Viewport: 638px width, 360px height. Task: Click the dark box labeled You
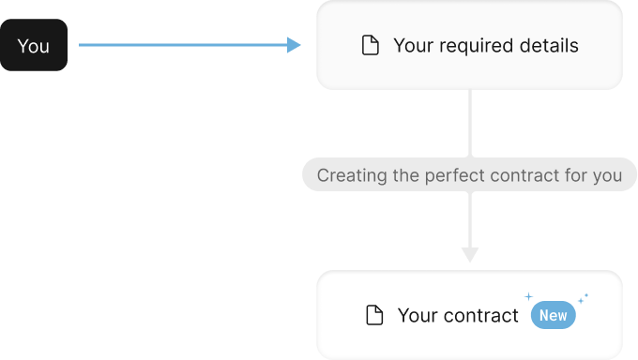(x=34, y=45)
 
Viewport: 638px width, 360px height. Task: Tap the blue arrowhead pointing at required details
(x=295, y=45)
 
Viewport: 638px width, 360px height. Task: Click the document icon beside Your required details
(x=371, y=46)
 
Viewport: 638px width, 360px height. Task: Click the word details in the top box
(x=546, y=45)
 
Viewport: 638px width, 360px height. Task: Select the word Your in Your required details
(x=411, y=45)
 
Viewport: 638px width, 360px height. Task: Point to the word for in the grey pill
(x=574, y=175)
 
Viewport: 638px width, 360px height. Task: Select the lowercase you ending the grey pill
(x=607, y=176)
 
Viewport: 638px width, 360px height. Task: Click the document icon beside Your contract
(x=374, y=316)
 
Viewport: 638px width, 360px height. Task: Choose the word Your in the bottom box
(x=416, y=316)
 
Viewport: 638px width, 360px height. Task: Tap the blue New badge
(x=553, y=316)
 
